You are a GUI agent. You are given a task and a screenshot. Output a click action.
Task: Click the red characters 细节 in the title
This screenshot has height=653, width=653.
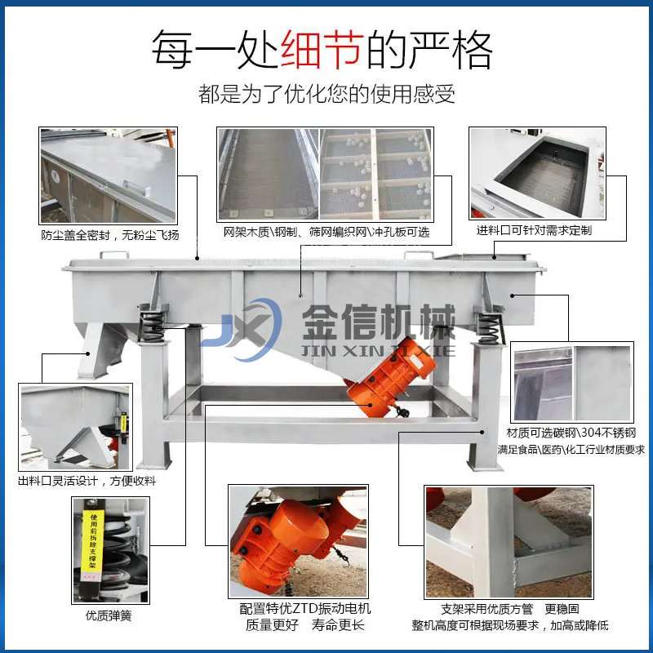pyautogui.click(x=322, y=51)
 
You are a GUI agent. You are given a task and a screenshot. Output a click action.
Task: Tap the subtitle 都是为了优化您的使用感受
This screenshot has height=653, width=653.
pyautogui.click(x=326, y=94)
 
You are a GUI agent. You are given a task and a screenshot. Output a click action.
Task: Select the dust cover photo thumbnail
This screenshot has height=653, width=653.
pyautogui.click(x=108, y=175)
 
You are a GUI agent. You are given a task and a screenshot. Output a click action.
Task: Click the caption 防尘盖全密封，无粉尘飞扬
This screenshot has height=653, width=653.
pyautogui.click(x=109, y=236)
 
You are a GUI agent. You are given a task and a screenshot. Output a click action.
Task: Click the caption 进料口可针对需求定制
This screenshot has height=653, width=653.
pyautogui.click(x=534, y=231)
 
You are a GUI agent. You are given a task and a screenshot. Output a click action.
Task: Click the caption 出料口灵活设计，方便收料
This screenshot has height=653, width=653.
pyautogui.click(x=87, y=481)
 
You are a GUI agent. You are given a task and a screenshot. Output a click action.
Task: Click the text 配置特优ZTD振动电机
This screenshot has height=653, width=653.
pyautogui.click(x=305, y=608)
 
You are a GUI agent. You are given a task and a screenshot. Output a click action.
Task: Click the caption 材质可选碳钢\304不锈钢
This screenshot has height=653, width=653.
pyautogui.click(x=571, y=433)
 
